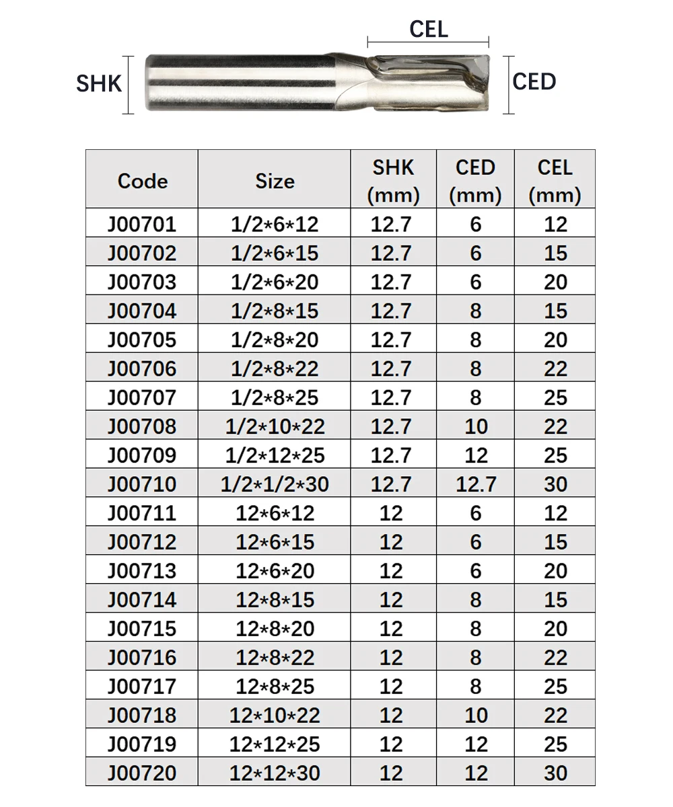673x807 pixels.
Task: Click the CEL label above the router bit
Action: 429,29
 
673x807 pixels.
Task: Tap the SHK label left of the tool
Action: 99,83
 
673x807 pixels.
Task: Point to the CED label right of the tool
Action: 534,81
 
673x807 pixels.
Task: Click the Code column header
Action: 142,181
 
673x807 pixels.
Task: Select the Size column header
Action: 275,181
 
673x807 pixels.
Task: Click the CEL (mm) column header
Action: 555,181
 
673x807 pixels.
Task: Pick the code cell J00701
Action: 142,224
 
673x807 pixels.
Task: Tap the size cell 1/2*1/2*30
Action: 275,484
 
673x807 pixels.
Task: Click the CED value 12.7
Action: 476,484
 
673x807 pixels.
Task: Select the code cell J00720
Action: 142,773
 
